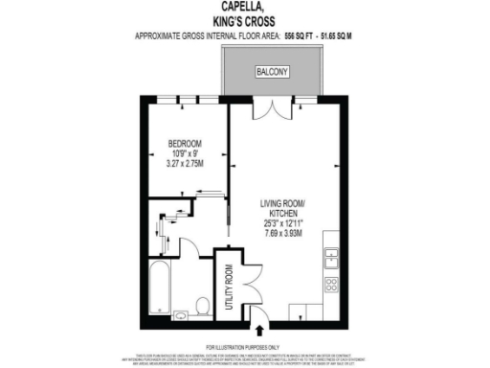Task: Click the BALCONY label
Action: coord(273,73)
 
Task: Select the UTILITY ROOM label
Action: coord(229,285)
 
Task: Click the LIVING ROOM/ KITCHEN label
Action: coord(283,208)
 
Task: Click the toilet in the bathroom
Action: coord(201,306)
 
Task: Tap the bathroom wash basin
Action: coord(180,312)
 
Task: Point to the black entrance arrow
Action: coord(254,332)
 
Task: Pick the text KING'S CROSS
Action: coord(244,20)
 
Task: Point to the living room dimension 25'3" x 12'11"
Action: coord(283,223)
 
